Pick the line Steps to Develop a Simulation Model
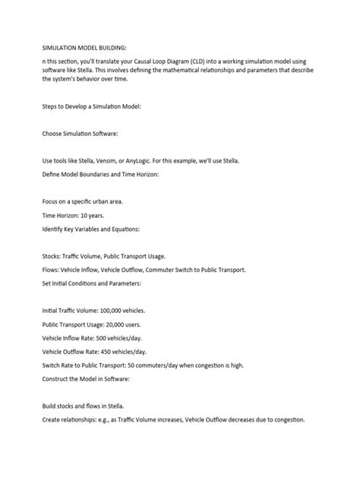click(x=91, y=106)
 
